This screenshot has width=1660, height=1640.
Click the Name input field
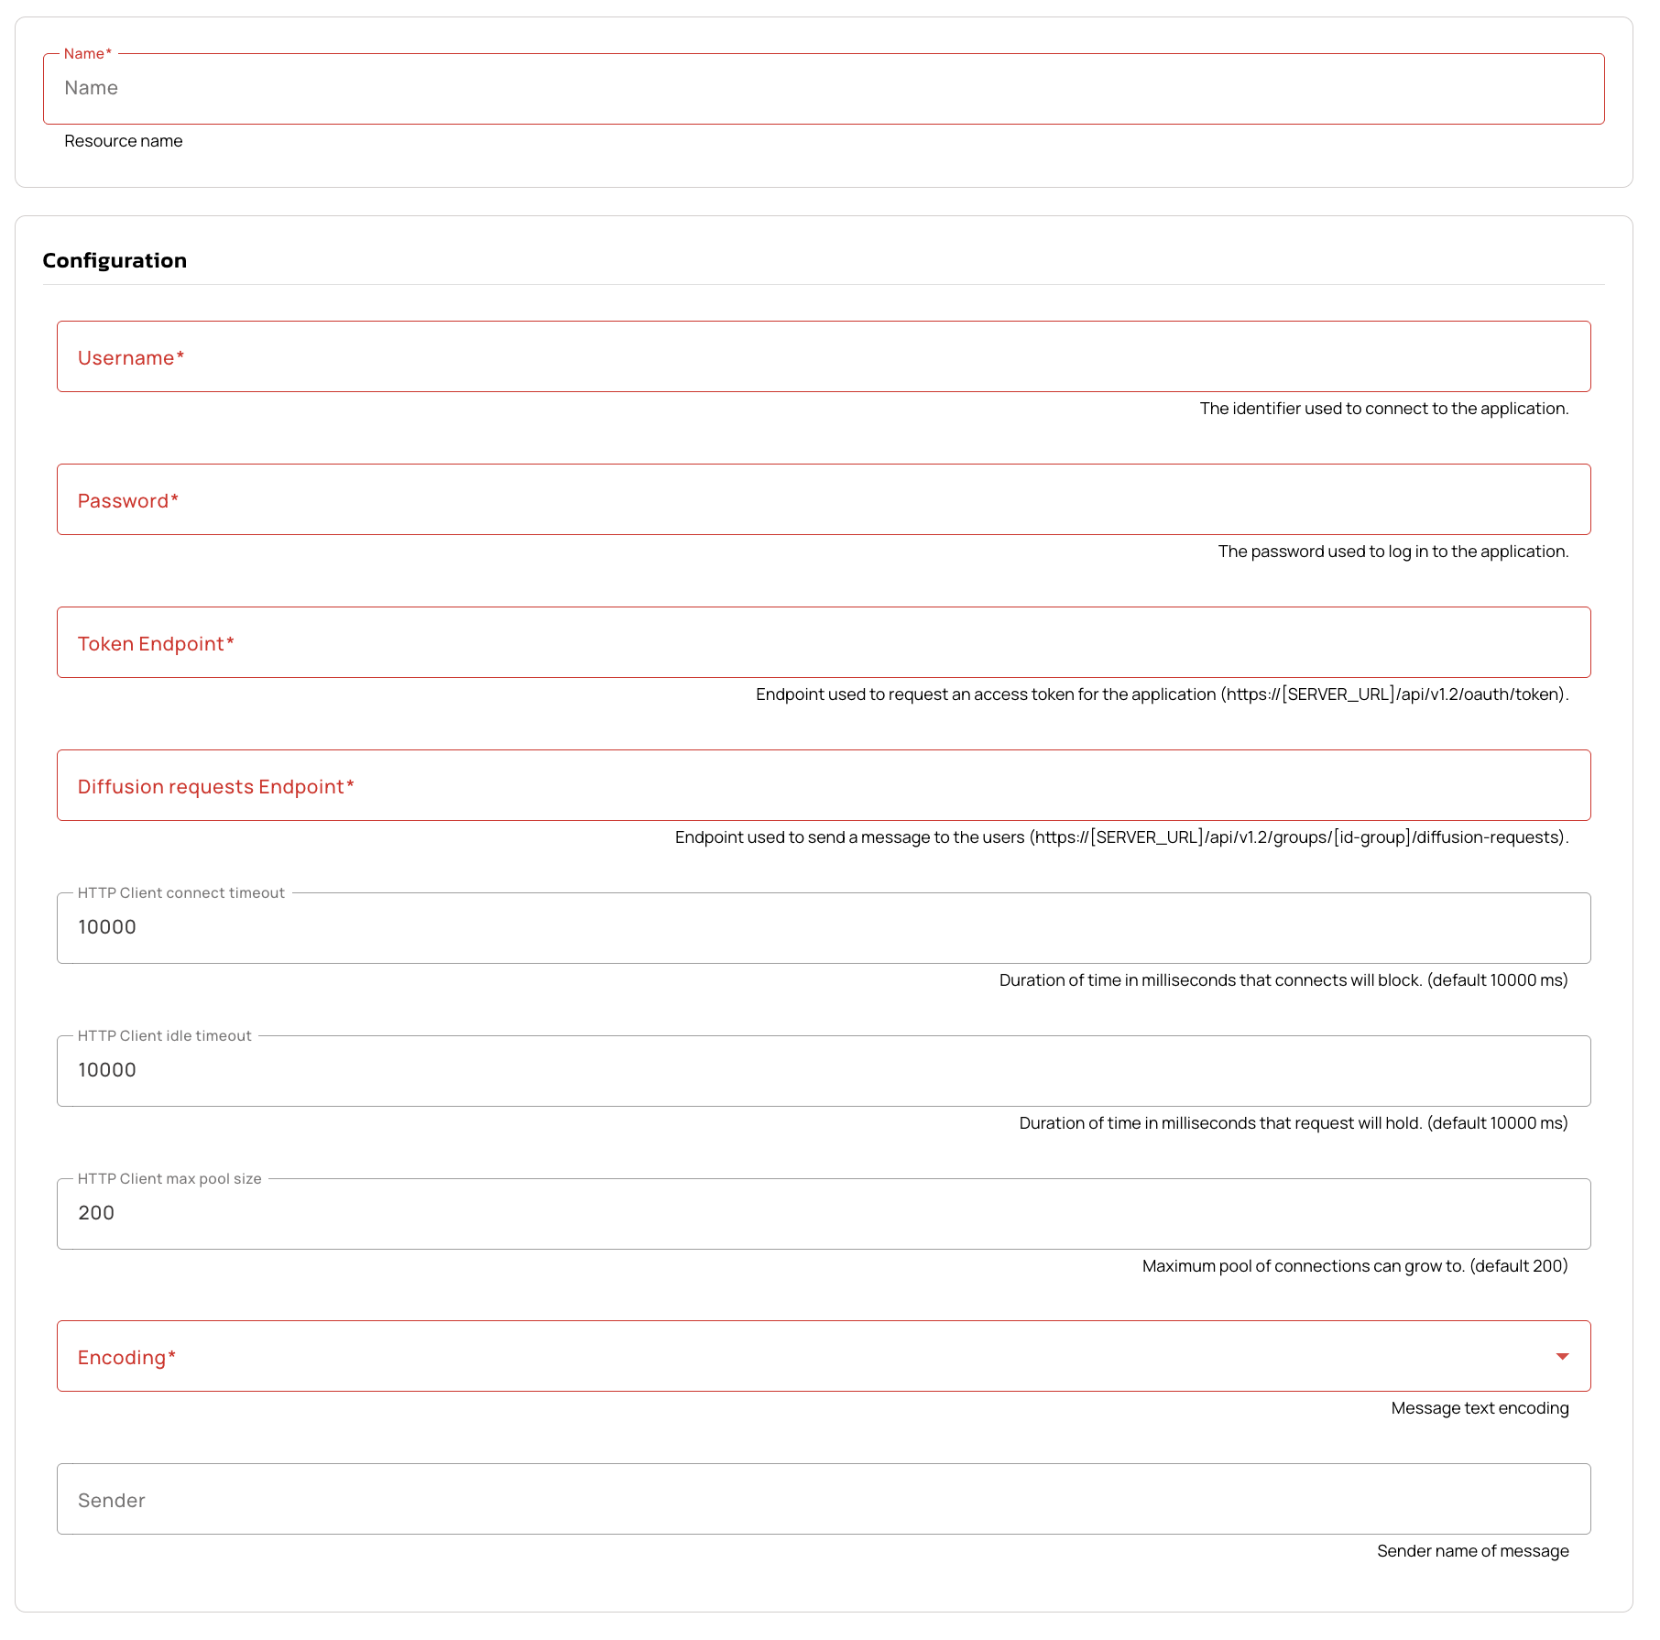[x=823, y=89]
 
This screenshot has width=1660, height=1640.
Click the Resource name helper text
[x=123, y=141]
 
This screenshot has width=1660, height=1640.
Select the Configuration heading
[x=115, y=261]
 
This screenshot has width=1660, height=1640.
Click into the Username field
[x=823, y=357]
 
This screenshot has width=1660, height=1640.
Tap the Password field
[x=823, y=500]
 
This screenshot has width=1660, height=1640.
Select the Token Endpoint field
[x=823, y=643]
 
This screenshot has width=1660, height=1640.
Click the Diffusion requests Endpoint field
[x=823, y=786]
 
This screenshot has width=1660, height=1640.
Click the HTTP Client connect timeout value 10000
[x=107, y=927]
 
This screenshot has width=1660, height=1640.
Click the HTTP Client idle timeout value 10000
[x=107, y=1070]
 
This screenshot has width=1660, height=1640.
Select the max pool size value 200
[x=96, y=1213]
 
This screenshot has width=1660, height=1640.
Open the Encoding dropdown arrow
[x=1562, y=1357]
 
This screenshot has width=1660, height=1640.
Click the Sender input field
[x=823, y=1500]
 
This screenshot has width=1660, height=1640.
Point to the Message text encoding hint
[x=1480, y=1408]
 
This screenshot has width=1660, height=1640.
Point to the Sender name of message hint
[x=1472, y=1551]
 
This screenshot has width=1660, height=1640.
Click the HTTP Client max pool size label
[x=169, y=1179]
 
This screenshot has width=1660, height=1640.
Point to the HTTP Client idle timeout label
[x=164, y=1036]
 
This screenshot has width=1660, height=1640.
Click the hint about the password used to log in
[x=1392, y=552]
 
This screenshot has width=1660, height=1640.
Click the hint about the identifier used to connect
[x=1383, y=409]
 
